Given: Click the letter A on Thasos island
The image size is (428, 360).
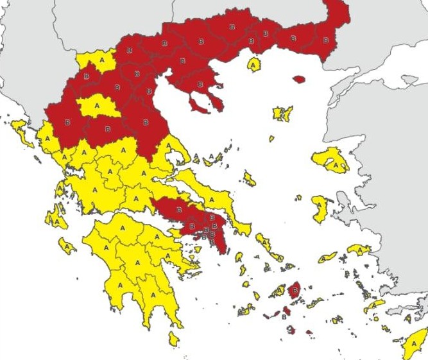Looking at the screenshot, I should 254,65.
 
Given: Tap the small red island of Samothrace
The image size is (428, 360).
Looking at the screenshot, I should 299,80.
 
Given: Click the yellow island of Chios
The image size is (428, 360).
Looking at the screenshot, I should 320,209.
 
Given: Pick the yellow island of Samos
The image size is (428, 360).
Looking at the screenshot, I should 358,249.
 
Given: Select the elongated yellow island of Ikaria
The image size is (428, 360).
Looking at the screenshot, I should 327,257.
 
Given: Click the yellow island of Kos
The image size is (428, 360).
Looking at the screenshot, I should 375,306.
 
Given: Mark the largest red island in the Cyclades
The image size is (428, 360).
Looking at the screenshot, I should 295,291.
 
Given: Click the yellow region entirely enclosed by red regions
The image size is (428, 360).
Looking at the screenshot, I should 98,106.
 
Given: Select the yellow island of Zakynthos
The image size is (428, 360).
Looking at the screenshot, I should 66,245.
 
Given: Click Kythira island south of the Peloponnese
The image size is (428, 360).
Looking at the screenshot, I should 174,338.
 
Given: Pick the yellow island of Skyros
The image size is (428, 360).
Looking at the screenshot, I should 249,179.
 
